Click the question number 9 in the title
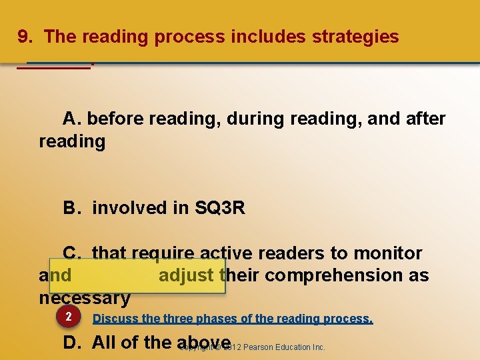[24, 37]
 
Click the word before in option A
[116, 119]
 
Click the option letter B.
[70, 209]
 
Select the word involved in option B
[129, 209]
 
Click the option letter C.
[71, 253]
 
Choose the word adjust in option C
[186, 275]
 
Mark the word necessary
[84, 298]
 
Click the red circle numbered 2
[68, 317]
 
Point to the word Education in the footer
[294, 347]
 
